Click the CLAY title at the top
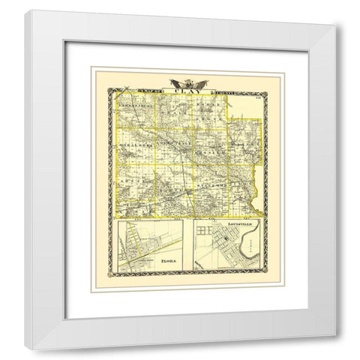[181, 92]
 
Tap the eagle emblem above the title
[181, 83]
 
